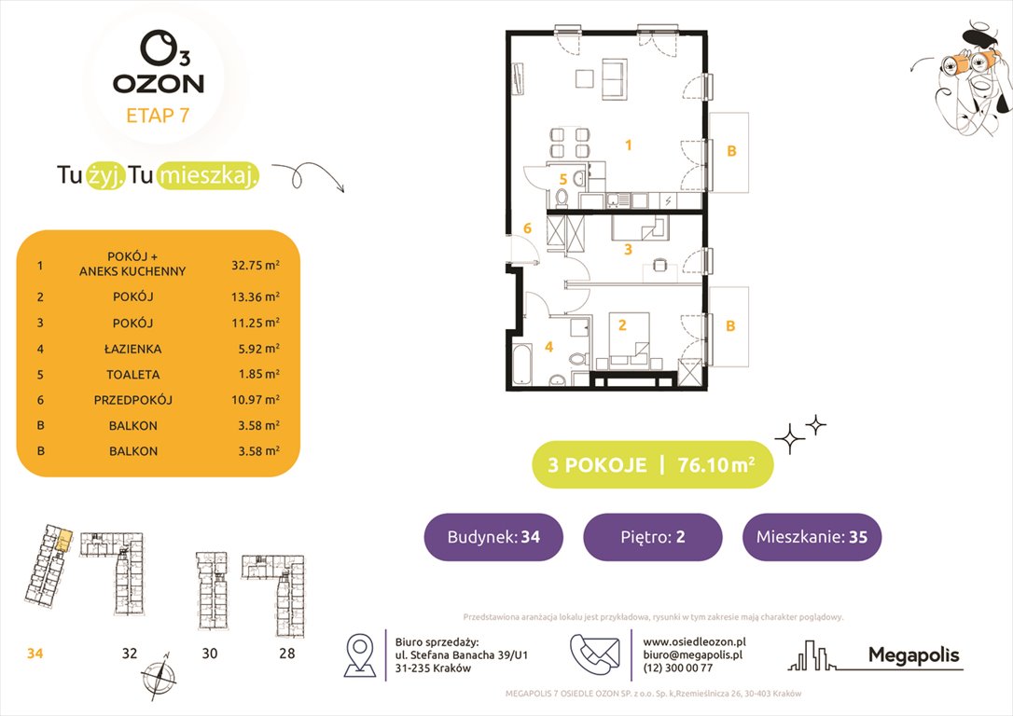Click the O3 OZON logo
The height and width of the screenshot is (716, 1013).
coord(159,62)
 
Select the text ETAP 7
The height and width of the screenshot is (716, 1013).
coord(158,116)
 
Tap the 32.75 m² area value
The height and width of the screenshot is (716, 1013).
coord(256,265)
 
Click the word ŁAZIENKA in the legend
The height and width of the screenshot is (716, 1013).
coord(133,349)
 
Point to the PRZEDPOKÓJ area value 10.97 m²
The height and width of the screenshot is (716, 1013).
coord(256,400)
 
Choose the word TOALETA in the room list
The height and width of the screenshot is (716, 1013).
coord(133,375)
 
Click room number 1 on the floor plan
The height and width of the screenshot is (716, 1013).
coord(628,145)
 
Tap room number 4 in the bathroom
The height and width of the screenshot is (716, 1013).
coord(549,348)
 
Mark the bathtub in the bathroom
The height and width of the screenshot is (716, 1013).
coord(520,364)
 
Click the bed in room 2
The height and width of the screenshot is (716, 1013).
coord(629,341)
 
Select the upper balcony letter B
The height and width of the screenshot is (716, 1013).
coord(731,151)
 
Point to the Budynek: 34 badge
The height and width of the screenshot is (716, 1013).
coord(493,537)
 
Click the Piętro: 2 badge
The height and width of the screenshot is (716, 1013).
coord(653,537)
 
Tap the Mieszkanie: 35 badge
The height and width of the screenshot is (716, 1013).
coord(812,537)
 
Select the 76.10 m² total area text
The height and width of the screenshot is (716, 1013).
coord(716,464)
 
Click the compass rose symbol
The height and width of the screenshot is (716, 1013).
coord(159,675)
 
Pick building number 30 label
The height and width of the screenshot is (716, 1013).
coord(209,654)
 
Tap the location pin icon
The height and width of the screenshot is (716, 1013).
coord(360,654)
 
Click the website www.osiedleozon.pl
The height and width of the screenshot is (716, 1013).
coord(695,641)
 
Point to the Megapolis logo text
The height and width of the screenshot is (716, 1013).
coord(913,654)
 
